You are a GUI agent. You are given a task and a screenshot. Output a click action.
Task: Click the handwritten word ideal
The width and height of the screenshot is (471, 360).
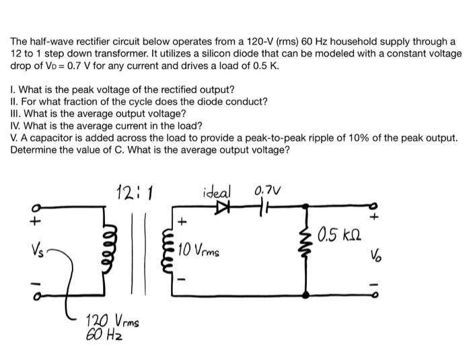click(x=217, y=190)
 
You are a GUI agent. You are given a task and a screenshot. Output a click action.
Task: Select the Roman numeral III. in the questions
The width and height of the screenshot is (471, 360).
click(x=17, y=114)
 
